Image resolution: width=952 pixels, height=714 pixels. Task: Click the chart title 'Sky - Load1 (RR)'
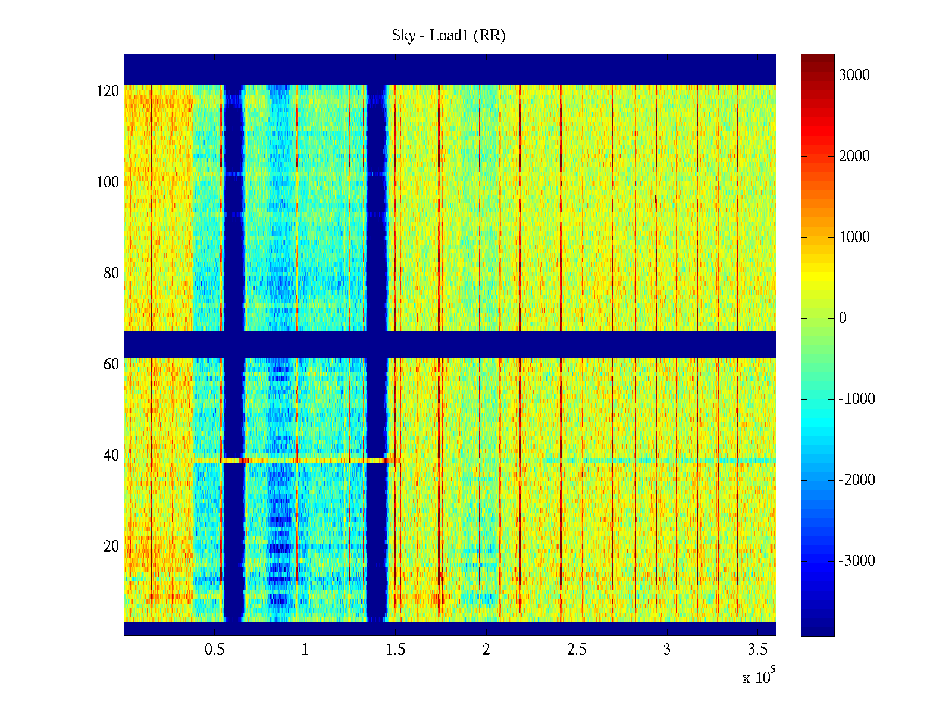449,36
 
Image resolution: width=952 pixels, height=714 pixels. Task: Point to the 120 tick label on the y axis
108,92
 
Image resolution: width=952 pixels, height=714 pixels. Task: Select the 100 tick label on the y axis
108,183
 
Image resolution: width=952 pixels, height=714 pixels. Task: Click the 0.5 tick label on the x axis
214,650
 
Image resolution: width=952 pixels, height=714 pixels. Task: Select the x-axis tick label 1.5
395,650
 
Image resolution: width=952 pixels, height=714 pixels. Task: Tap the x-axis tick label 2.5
577,650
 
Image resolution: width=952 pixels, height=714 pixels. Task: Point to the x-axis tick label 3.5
757,650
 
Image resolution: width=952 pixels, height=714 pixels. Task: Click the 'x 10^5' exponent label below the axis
758,677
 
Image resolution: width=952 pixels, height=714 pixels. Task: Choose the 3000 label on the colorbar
854,75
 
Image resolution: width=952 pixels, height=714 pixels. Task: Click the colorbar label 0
843,318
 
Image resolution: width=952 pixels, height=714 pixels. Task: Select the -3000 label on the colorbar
857,561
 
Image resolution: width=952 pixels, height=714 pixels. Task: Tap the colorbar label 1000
854,237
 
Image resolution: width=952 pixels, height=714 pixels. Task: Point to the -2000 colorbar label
857,480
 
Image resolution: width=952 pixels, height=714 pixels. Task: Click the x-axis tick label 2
486,650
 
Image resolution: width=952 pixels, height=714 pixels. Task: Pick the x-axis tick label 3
667,650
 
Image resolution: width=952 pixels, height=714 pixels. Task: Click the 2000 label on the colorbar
854,156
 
